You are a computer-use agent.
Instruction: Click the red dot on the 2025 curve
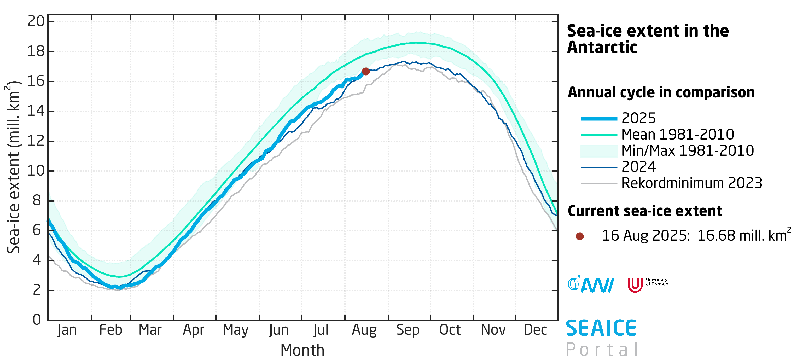point(365,72)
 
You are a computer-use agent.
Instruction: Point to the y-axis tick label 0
point(37,320)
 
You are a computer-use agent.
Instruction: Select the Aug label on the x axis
point(364,330)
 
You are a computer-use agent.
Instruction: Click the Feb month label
point(110,330)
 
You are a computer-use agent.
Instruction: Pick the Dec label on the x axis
point(535,330)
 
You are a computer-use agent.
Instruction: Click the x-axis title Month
point(302,350)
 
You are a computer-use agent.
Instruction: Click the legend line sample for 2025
point(599,119)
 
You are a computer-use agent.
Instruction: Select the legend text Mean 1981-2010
point(678,135)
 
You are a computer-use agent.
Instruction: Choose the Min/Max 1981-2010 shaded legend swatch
point(599,151)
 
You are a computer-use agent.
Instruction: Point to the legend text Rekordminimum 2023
point(691,183)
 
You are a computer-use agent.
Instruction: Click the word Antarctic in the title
point(602,48)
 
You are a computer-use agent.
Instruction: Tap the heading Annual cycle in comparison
point(661,92)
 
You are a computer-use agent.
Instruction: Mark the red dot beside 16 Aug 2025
point(579,236)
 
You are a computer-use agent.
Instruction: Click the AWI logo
point(590,284)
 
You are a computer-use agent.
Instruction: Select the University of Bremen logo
point(647,284)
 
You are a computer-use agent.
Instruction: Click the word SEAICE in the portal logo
point(601,328)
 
